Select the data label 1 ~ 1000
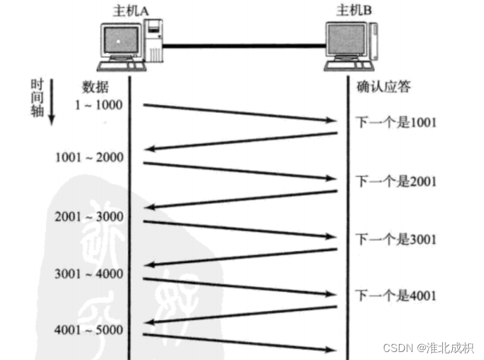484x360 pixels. [99, 105]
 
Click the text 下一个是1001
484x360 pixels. [395, 122]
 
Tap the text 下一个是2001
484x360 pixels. [395, 181]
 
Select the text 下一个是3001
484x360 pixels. [395, 238]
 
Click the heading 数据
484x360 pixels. [96, 87]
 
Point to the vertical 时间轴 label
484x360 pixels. [37, 97]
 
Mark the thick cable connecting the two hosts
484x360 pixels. [242, 46]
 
